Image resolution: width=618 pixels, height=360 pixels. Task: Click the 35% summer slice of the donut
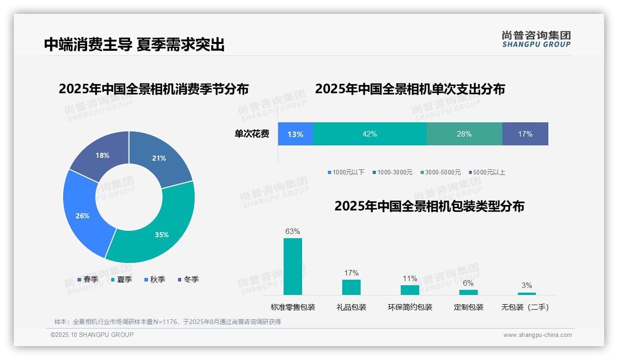157,231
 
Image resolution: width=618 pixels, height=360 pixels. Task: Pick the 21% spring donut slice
159,157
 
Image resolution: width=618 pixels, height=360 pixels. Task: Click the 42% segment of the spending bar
370,134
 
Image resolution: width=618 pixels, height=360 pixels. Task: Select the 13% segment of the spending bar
295,134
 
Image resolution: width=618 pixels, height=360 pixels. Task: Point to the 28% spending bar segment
464,134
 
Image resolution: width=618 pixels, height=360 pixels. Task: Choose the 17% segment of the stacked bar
525,134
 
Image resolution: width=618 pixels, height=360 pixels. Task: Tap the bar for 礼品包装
351,287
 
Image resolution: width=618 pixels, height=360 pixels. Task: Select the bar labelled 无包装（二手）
527,294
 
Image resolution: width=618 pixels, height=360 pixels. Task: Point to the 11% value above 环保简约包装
410,279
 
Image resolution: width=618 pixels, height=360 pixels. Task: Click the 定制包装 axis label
469,307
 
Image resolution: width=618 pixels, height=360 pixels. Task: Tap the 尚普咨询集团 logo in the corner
536,39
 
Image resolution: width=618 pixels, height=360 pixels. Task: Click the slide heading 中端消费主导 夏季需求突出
134,44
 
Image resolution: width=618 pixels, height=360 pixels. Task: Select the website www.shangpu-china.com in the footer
537,335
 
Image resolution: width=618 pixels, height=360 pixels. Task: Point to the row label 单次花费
252,134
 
